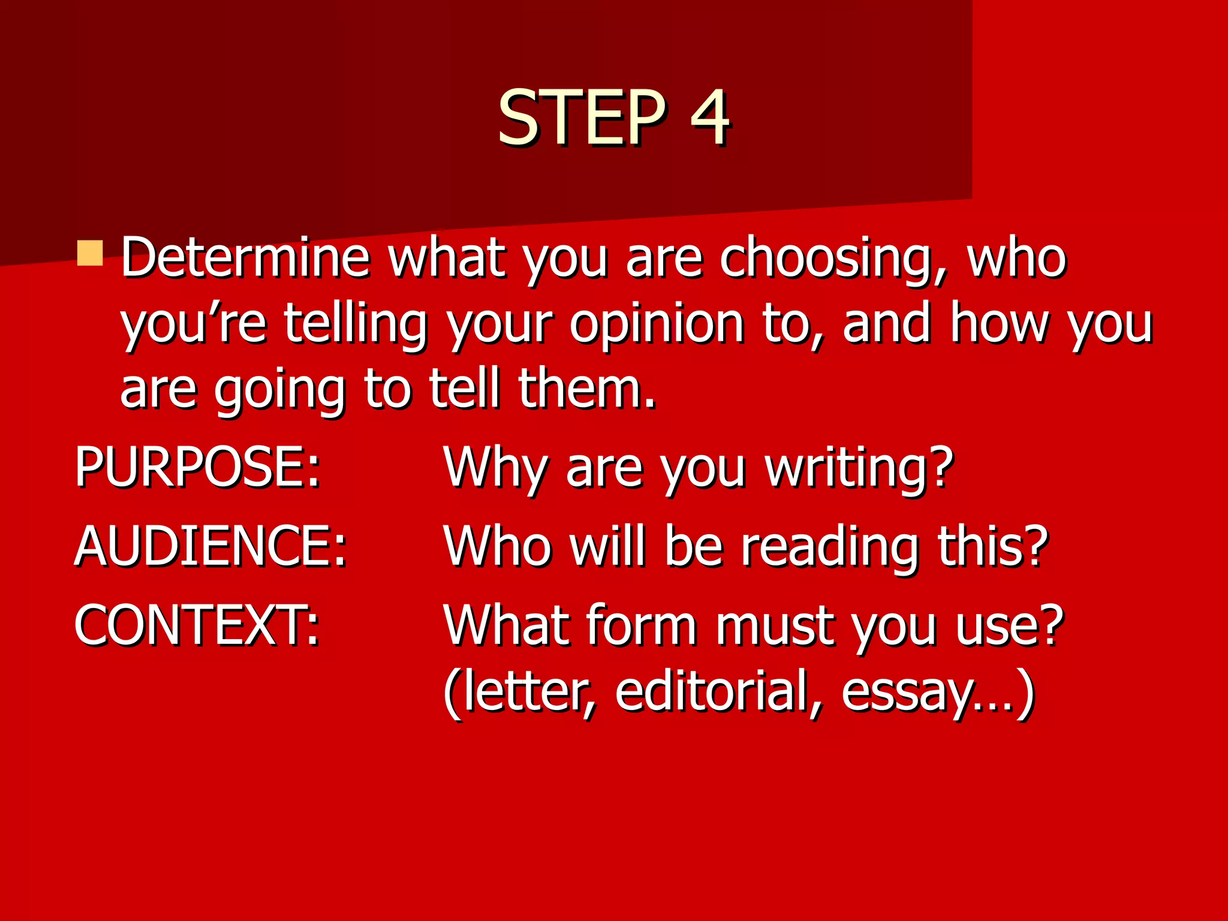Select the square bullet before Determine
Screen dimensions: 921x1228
coord(90,253)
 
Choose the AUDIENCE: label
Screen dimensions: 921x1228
coord(210,547)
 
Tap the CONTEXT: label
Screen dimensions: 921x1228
coord(197,626)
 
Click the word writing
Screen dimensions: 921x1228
coord(858,471)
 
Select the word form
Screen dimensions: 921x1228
coord(641,626)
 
